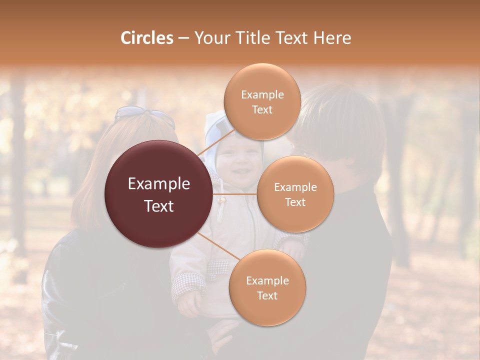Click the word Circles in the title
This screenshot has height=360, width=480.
click(146, 38)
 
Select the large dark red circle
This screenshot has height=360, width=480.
click(158, 194)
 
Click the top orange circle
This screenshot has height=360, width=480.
click(262, 101)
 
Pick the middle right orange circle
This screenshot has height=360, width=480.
click(295, 194)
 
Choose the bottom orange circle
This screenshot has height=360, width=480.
click(267, 287)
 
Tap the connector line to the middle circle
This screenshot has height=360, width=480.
click(235, 193)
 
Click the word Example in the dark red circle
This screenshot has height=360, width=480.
click(158, 184)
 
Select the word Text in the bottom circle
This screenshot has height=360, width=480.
click(267, 295)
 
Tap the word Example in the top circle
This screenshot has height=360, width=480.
click(262, 94)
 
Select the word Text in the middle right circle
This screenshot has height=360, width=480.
click(295, 202)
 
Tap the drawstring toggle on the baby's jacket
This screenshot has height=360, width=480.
click(220, 201)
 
